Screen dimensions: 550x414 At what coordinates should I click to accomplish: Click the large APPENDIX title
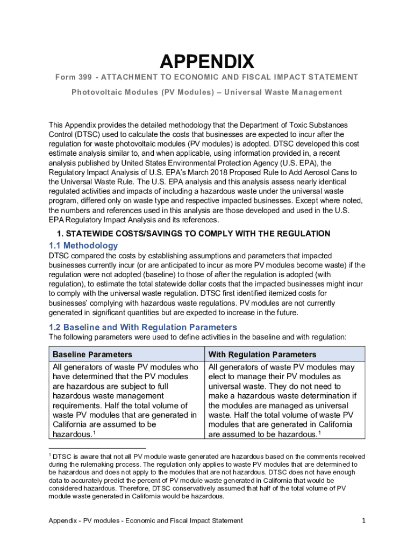point(206,62)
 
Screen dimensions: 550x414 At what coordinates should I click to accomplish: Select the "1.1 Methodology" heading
point(83,245)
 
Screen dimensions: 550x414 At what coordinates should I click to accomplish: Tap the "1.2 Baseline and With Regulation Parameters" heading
point(143,327)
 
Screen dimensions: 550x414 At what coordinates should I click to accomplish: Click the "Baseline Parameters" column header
point(92,354)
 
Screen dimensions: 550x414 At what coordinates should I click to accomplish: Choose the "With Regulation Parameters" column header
point(262,354)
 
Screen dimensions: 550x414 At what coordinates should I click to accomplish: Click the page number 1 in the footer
point(364,520)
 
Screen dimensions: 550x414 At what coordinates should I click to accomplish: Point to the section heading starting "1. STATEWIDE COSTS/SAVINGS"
point(194,234)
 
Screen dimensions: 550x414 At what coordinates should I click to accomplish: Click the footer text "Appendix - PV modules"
point(88,520)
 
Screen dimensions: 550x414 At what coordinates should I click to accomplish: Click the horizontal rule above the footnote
point(97,447)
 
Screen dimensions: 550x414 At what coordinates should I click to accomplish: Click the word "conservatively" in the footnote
point(200,488)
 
